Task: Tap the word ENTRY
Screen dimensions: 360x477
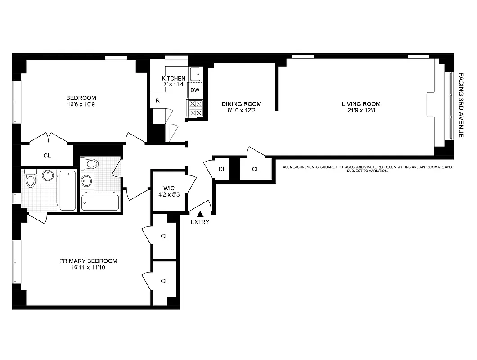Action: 200,222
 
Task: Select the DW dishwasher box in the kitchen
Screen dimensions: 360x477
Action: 195,90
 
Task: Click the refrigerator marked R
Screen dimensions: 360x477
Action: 157,100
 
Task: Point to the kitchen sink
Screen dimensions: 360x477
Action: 196,73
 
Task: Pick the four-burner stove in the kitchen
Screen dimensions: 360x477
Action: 195,108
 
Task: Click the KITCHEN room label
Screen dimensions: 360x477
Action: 173,79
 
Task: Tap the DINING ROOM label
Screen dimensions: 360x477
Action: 241,104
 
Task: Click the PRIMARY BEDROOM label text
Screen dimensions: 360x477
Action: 88,261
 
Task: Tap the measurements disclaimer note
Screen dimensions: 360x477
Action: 367,169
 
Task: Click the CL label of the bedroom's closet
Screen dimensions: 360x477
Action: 47,156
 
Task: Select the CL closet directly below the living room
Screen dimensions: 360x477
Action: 256,169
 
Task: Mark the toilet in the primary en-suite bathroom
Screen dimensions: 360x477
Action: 31,179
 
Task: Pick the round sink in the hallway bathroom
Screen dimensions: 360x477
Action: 86,181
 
